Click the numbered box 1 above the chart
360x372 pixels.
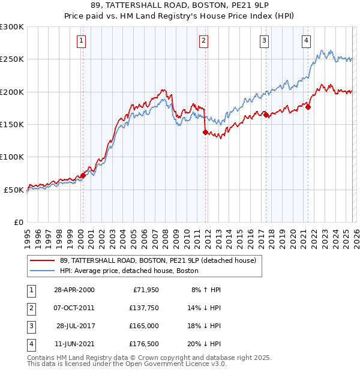(81, 41)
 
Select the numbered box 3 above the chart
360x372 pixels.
(264, 41)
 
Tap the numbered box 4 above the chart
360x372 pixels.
(306, 41)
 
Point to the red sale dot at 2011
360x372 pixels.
(205, 132)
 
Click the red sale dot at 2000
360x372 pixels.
(83, 175)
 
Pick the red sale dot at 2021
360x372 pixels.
(308, 107)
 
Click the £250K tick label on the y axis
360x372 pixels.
(12, 59)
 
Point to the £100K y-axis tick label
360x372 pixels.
(12, 157)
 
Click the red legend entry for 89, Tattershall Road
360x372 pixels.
(158, 260)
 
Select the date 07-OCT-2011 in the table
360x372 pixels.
(74, 308)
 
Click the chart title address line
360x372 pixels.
(180, 7)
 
